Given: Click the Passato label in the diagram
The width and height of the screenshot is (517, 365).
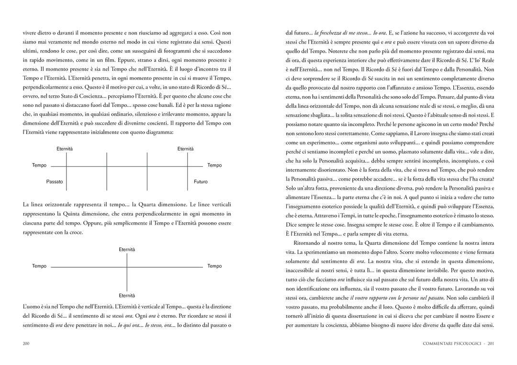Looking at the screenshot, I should click(55, 182).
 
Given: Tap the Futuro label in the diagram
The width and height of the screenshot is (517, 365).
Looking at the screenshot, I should click(201, 182).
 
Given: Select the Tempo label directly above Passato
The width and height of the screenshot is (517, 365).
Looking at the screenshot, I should click(39, 165).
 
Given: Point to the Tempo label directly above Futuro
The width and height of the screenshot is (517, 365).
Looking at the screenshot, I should click(214, 165).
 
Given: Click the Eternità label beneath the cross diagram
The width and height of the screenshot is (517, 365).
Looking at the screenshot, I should click(127, 296).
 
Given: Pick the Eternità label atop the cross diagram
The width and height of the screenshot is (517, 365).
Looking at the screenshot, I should click(127, 250).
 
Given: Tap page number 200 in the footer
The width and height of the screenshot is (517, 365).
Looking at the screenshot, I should click(27, 343).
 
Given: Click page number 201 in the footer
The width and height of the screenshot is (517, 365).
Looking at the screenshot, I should click(491, 343).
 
